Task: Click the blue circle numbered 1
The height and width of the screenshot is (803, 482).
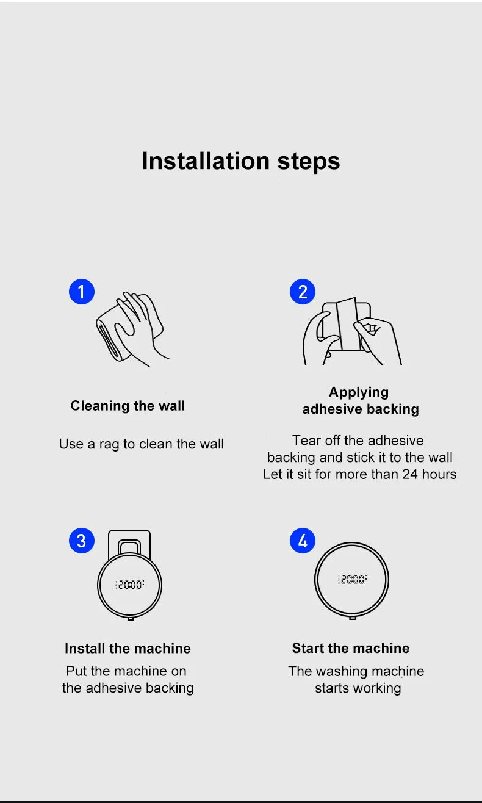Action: click(x=82, y=292)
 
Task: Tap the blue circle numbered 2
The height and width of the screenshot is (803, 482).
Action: click(x=303, y=292)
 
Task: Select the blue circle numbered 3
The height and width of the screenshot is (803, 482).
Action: click(x=82, y=541)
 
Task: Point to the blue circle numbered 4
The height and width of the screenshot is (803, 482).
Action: click(x=303, y=541)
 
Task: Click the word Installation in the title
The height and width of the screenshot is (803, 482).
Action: click(x=206, y=160)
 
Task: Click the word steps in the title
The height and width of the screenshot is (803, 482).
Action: click(x=309, y=162)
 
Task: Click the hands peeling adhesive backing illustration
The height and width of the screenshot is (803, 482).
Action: click(x=352, y=331)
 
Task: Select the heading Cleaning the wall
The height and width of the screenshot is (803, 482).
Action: click(x=128, y=406)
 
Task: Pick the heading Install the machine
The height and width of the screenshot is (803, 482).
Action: click(x=128, y=649)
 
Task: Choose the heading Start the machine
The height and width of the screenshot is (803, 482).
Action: click(x=350, y=648)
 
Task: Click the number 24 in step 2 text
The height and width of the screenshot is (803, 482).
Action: click(x=410, y=474)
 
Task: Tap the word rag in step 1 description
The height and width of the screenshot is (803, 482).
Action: click(x=109, y=444)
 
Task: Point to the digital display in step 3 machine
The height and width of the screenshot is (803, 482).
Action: click(x=129, y=585)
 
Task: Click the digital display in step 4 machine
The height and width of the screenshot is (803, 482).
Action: click(x=353, y=579)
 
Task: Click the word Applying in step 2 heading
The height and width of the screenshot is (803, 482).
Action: click(x=359, y=392)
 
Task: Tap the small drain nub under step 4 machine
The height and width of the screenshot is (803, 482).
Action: click(x=353, y=618)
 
